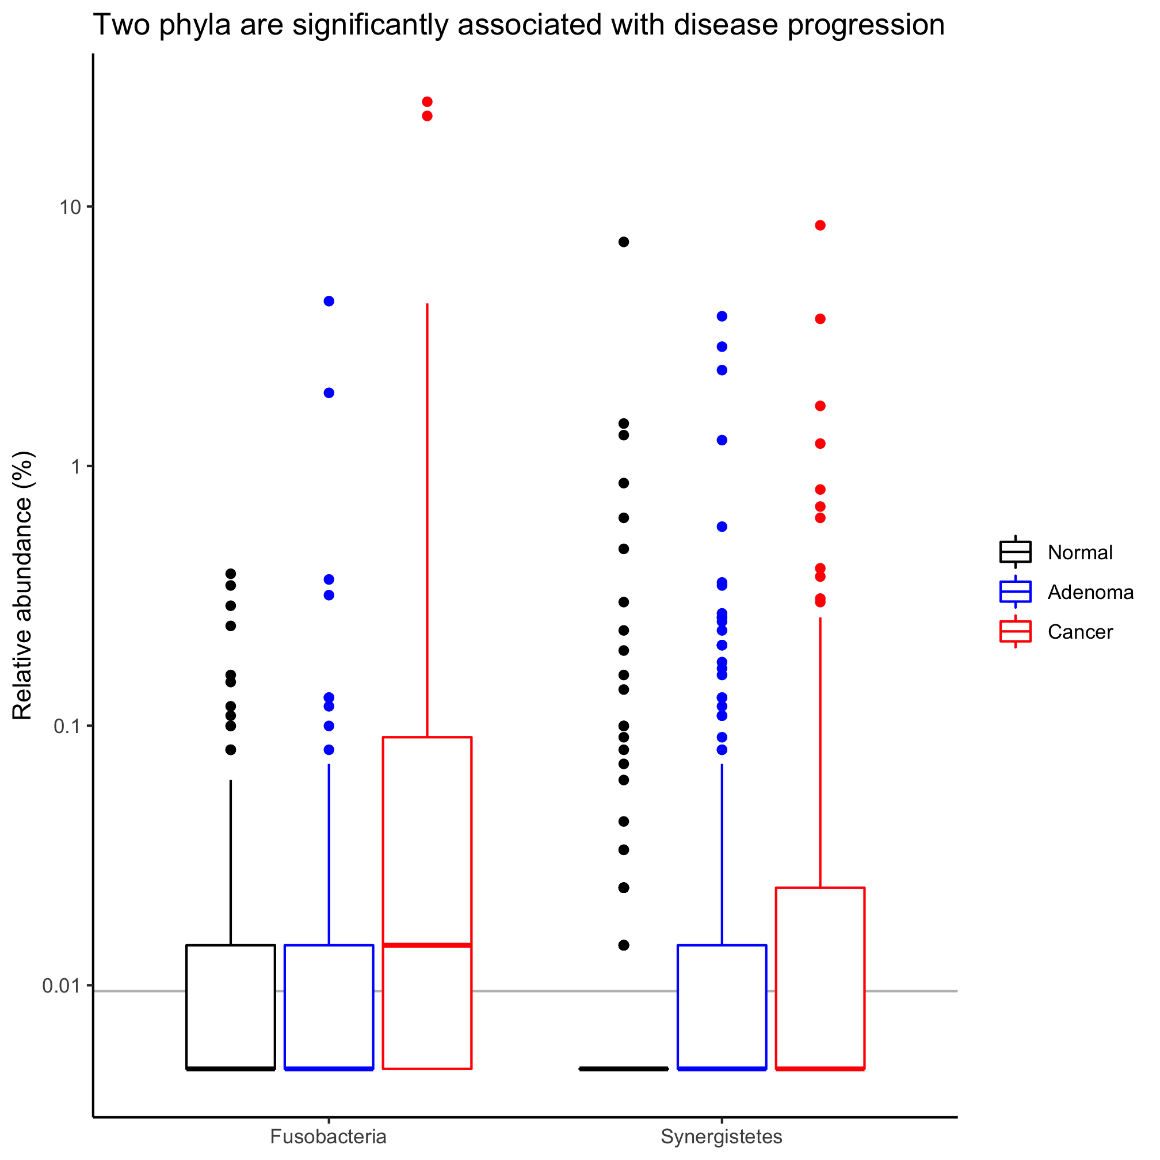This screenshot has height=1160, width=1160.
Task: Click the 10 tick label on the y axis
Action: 69,207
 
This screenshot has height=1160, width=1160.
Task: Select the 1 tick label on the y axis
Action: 75,467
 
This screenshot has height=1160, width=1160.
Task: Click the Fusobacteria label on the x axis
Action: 329,1136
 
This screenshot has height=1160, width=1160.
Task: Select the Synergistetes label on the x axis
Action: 721,1136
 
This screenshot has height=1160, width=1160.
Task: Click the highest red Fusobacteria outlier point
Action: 427,102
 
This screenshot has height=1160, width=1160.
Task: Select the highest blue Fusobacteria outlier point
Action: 329,302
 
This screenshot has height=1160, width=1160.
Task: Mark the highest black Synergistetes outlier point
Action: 624,242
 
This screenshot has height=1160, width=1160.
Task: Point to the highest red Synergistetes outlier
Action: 820,225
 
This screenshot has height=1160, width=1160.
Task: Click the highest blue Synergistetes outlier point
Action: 722,316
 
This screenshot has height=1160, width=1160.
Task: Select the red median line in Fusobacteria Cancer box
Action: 427,945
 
